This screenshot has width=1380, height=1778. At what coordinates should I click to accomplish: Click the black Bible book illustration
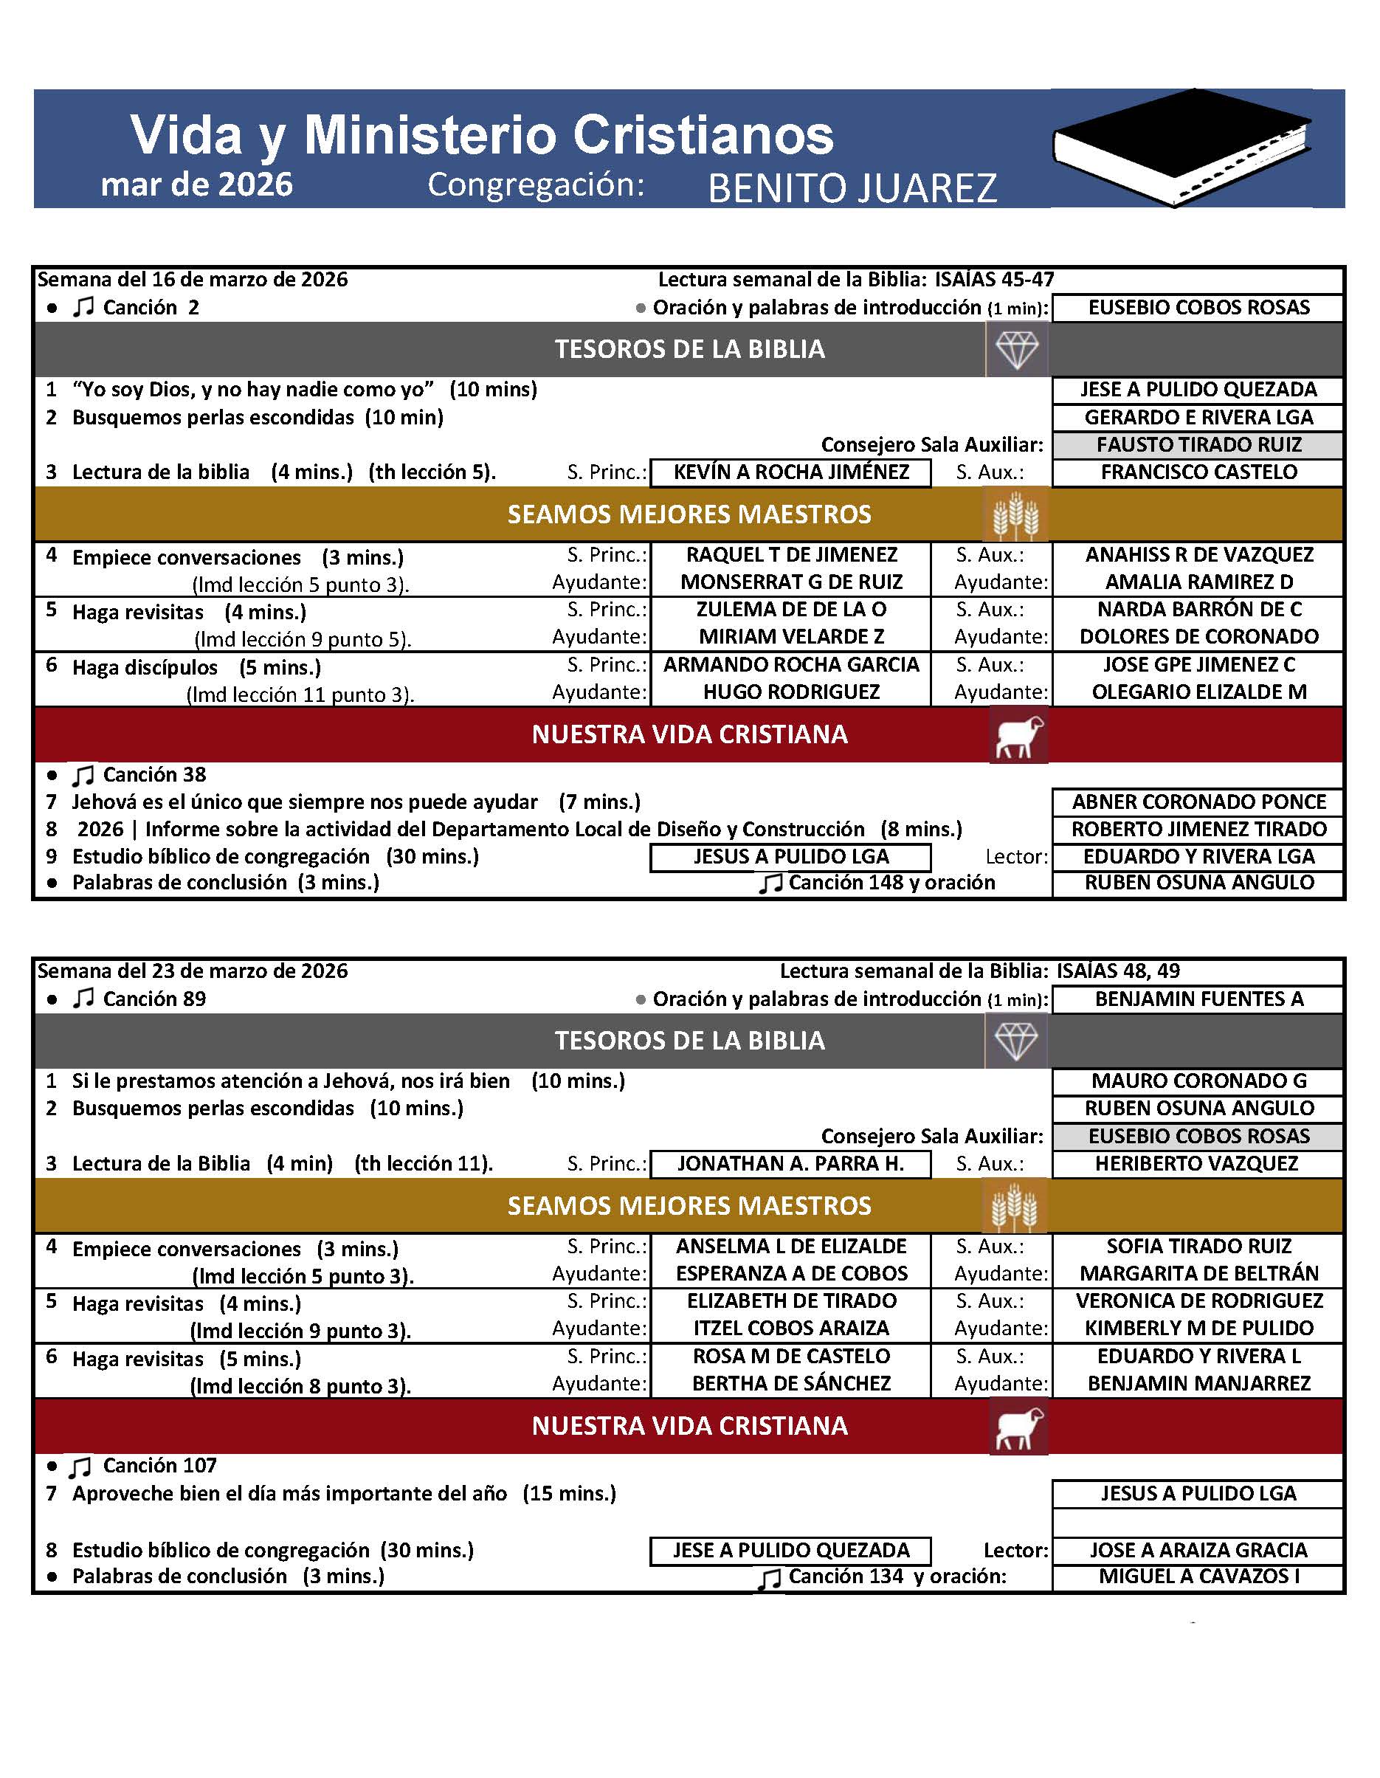coord(1181,149)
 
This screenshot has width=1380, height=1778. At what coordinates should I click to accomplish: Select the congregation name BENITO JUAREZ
coord(852,188)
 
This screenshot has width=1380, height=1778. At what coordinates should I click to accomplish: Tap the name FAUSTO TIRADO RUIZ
coord(1198,444)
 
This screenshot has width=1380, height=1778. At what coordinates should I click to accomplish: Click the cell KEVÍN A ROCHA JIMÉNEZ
coord(790,472)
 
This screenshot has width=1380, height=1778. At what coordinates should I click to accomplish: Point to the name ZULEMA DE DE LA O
coord(790,609)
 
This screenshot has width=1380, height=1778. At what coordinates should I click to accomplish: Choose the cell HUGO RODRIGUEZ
coord(790,692)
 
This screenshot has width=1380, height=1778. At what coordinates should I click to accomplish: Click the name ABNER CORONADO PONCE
coord(1198,802)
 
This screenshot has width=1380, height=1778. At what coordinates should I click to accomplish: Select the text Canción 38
coord(154,774)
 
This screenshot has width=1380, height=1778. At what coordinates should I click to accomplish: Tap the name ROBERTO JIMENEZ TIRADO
coord(1198,830)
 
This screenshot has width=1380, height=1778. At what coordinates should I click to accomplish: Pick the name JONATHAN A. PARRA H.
coord(790,1163)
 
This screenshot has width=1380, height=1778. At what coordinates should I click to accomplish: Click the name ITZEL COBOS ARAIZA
coord(790,1328)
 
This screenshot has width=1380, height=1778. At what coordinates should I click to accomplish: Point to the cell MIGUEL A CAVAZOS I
coord(1198,1576)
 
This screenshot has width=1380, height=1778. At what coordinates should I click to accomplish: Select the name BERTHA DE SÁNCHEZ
coord(790,1383)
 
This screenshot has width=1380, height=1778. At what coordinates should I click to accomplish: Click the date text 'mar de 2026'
coord(196,185)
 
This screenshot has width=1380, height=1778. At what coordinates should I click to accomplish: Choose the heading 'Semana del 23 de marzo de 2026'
coord(192,971)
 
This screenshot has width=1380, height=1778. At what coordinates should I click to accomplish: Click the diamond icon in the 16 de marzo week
coord(1017,350)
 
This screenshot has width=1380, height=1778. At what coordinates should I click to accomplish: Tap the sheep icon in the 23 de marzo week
coord(1018,1426)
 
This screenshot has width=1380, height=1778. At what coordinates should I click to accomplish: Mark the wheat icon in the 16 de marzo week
coord(1015,514)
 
